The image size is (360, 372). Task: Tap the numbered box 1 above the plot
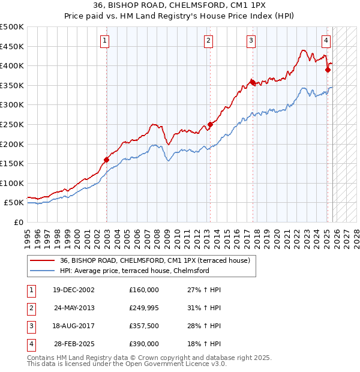(105, 41)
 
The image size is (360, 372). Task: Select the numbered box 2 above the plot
(208, 41)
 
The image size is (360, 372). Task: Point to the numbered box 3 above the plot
(250, 41)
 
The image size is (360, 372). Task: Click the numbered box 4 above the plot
(326, 41)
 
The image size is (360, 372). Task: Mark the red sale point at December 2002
(106, 160)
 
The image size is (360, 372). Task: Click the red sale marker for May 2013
(210, 125)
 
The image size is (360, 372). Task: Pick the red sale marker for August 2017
(253, 83)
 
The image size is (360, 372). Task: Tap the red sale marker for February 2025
(328, 70)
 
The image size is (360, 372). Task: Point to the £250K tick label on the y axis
(12, 124)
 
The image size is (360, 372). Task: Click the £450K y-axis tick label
(12, 46)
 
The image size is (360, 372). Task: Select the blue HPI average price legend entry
(134, 271)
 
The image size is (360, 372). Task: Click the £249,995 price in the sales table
(144, 308)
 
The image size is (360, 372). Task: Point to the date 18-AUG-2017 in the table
(74, 326)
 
